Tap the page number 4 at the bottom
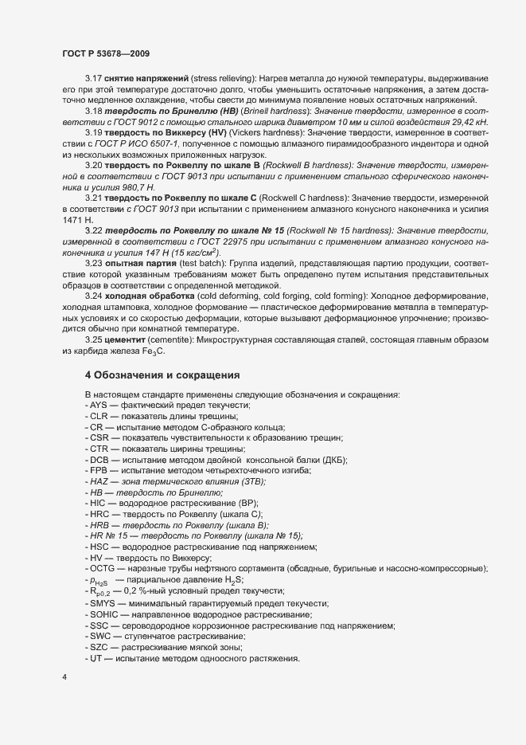64,679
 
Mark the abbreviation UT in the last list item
96,659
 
